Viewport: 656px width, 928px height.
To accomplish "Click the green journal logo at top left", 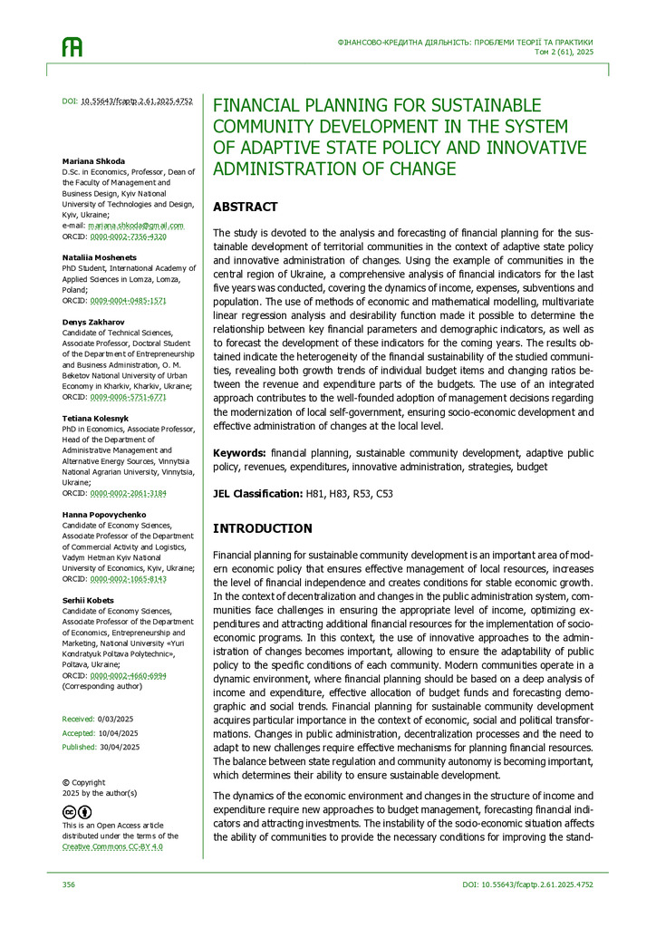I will click(x=72, y=47).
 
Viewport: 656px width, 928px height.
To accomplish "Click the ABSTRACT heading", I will click(x=245, y=207).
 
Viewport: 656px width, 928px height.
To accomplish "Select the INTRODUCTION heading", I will click(x=262, y=528).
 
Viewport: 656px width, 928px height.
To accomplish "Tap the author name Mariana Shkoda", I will click(x=93, y=160).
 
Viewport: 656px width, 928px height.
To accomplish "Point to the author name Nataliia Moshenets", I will click(x=101, y=257).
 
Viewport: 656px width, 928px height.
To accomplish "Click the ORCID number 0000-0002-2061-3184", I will click(x=128, y=493).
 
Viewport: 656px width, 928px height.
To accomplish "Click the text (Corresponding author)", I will click(x=101, y=686).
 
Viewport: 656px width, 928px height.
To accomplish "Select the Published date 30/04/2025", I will click(x=120, y=747).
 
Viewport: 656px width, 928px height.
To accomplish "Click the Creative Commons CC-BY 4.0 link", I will click(x=112, y=846).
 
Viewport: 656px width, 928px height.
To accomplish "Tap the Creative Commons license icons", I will click(x=77, y=812).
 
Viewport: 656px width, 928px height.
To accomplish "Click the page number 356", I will click(x=69, y=884).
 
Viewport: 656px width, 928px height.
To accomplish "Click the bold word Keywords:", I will click(x=239, y=451).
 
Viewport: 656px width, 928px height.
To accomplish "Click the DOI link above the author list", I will click(x=136, y=102).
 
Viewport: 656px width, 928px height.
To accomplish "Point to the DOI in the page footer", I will click(x=527, y=884).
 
